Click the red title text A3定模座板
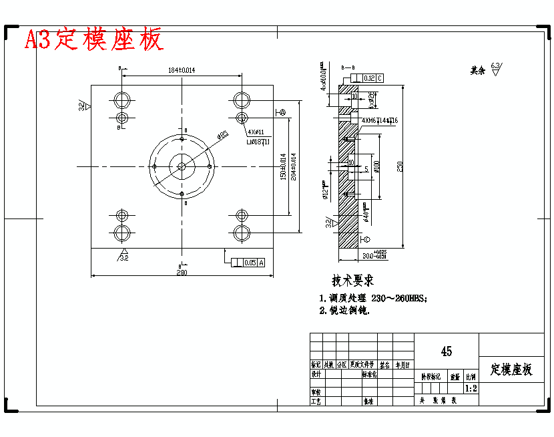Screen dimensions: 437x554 93,40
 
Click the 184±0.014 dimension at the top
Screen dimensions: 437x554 181,70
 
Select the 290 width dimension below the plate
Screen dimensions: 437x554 182,273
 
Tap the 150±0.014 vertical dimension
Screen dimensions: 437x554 283,167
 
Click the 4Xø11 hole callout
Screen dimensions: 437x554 256,132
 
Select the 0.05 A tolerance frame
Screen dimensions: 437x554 248,263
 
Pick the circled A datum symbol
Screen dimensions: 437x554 282,112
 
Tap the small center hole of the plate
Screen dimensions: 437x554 182,166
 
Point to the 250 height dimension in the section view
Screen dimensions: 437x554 400,167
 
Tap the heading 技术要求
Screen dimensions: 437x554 353,281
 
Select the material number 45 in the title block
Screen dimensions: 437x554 446,351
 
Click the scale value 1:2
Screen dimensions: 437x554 471,388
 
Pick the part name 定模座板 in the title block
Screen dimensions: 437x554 511,370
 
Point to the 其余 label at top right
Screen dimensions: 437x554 477,69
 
